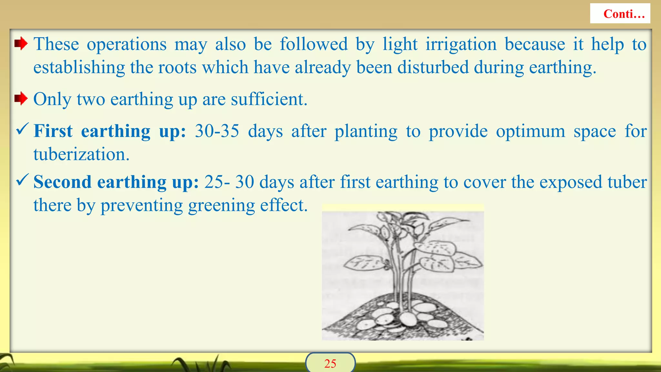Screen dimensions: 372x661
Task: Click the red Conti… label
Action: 624,14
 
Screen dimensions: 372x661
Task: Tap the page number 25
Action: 330,364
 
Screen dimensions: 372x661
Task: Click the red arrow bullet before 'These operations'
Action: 21,44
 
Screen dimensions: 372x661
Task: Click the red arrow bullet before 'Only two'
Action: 21,98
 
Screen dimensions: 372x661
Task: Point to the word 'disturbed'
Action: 432,67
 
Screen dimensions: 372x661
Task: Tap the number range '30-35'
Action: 217,131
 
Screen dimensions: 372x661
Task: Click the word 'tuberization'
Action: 81,154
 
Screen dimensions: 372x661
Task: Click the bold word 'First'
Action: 53,131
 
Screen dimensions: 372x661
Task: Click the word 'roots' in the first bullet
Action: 183,67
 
